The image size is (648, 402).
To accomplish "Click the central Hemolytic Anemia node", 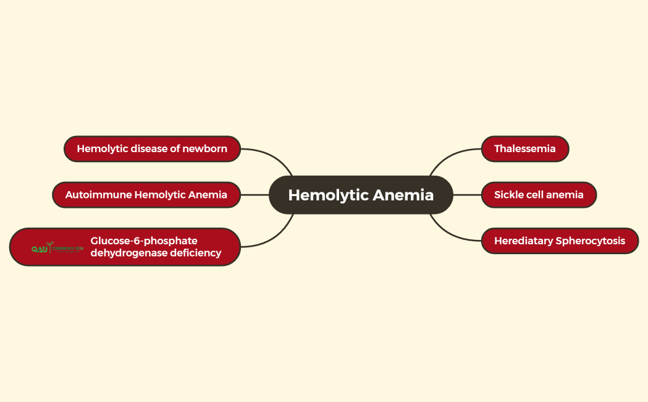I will coord(361,195).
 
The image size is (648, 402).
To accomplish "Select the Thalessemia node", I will coord(524,149).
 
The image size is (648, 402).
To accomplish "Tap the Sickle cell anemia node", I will coord(539,195).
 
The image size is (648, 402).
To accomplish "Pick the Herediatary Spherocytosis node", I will coord(560,241).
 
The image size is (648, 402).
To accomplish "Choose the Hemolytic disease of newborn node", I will coord(152,149).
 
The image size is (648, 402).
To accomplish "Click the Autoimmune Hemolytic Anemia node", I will coord(146,195).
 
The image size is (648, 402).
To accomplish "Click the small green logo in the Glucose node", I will coord(57,248).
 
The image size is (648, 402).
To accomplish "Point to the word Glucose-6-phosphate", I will coord(144,241).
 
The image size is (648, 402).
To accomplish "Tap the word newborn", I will coord(204,149).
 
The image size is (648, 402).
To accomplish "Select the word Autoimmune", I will coord(98,195).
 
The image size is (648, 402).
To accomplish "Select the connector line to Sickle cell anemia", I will coord(467,195).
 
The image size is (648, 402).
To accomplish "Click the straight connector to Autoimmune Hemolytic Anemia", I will coord(255,195).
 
